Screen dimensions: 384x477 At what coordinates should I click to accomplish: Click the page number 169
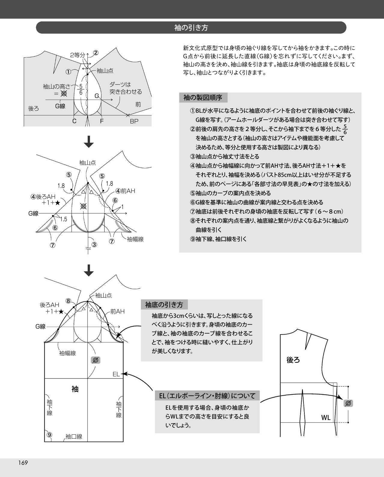click(x=23, y=463)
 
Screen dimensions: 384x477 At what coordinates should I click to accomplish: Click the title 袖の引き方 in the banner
click(x=191, y=28)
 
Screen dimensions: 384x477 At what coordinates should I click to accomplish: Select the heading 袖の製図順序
click(x=203, y=97)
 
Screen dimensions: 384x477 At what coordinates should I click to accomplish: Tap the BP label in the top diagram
click(x=134, y=121)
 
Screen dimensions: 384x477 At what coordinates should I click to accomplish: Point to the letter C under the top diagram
click(x=74, y=121)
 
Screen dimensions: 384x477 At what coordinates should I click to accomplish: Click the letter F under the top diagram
click(x=102, y=121)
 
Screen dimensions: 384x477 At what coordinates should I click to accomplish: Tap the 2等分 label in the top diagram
click(x=78, y=55)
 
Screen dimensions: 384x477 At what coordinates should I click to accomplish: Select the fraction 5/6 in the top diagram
click(x=81, y=89)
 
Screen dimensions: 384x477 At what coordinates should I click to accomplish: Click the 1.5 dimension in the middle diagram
click(x=64, y=219)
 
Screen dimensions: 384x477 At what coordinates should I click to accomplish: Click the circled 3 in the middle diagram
click(x=94, y=244)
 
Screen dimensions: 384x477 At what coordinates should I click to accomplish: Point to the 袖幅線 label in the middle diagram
click(x=135, y=239)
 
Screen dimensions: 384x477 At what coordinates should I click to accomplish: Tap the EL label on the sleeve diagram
click(x=116, y=374)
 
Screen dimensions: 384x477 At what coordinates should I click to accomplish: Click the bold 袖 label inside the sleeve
click(x=75, y=389)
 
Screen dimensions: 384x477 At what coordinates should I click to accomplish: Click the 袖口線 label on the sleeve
click(x=74, y=436)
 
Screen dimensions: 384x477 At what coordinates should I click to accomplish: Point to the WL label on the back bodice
click(x=326, y=417)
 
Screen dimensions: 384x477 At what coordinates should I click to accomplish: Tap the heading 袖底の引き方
click(x=164, y=305)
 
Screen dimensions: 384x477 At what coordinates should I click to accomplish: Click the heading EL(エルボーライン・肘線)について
click(x=207, y=396)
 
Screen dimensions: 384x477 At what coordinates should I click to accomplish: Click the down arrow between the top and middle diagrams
click(x=89, y=142)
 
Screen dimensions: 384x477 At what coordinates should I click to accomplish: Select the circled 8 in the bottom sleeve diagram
click(x=68, y=301)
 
